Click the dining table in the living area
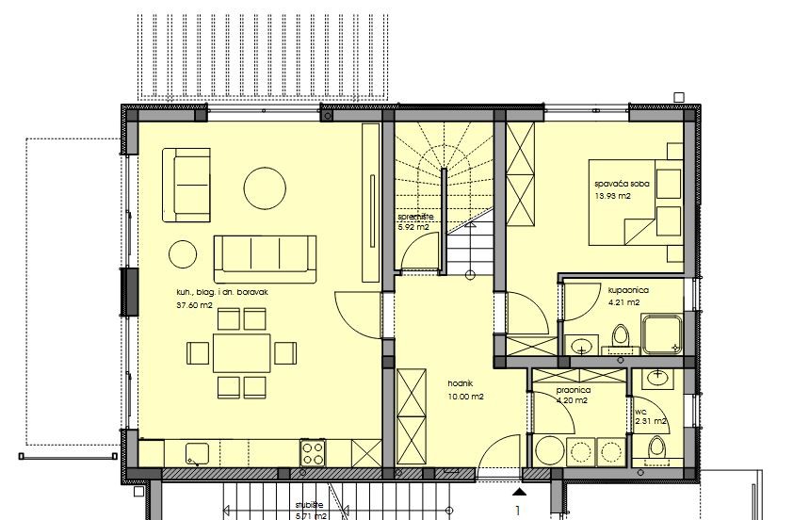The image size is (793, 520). [241, 353]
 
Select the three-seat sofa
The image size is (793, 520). [264, 255]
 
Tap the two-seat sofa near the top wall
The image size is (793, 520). [186, 184]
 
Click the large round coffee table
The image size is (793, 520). [265, 188]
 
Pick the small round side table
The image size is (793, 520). [183, 253]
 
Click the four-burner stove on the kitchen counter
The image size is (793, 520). [313, 452]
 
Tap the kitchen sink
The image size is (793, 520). [198, 453]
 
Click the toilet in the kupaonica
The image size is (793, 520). [620, 336]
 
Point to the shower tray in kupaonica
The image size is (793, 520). [664, 334]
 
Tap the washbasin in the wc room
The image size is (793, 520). [656, 379]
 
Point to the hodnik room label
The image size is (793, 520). [460, 383]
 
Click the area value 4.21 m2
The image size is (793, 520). [623, 303]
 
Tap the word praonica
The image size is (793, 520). [574, 388]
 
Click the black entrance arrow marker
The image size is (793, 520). [517, 490]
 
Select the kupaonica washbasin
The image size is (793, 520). [581, 344]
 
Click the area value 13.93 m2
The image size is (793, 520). [612, 197]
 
